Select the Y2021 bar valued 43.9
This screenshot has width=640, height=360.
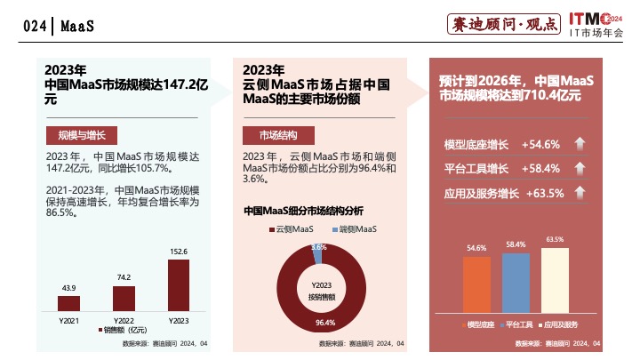(68, 302)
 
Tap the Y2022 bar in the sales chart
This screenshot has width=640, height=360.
(123, 297)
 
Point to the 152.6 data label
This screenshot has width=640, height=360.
(179, 252)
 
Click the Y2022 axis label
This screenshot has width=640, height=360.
(123, 319)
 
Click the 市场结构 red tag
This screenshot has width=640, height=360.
(278, 135)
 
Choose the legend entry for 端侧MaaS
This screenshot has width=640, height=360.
(354, 230)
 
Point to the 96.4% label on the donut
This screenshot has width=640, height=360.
(325, 323)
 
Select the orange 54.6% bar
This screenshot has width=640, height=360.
(476, 285)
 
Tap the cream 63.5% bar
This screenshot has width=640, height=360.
(555, 281)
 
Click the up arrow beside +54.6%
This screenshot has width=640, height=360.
(579, 144)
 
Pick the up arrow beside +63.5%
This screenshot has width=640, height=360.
(579, 193)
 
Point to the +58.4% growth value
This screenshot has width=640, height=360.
(540, 169)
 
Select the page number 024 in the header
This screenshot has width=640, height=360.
(35, 27)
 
